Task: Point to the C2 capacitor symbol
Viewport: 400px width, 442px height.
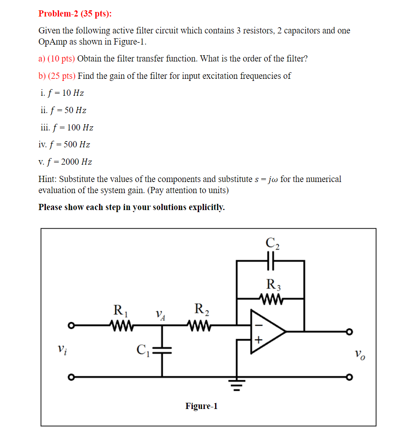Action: [x=270, y=261]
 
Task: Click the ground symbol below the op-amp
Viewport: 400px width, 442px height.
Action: [x=237, y=383]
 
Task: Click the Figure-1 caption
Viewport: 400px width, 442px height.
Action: [x=201, y=406]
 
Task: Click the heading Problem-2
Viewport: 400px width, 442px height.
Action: [x=59, y=14]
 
